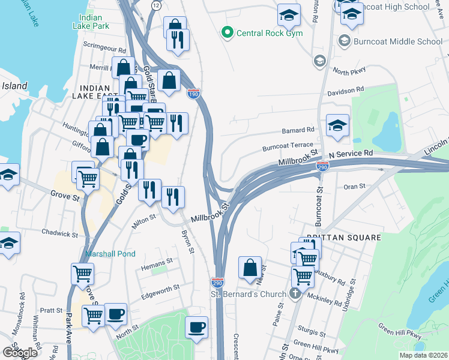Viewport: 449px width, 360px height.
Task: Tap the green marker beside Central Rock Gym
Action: click(228, 32)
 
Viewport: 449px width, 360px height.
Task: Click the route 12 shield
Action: click(156, 5)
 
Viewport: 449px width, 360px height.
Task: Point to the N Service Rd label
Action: click(351, 154)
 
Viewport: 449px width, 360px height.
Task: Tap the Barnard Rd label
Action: click(298, 130)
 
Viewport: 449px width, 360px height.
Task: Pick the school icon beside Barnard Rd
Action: click(338, 125)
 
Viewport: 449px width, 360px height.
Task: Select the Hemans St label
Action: click(157, 261)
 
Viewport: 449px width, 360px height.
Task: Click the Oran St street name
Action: click(354, 187)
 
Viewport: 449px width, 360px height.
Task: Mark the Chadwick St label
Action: click(60, 233)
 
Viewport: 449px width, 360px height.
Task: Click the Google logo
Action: click(20, 353)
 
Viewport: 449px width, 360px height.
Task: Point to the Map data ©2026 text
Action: click(424, 355)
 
